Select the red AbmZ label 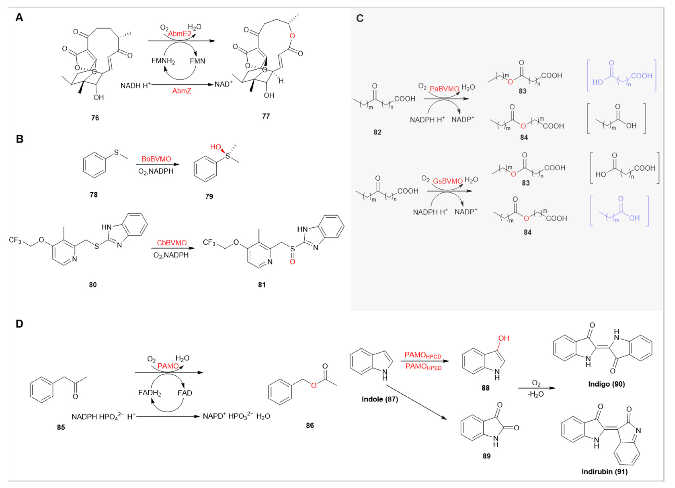[181, 91]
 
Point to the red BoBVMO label [156, 159]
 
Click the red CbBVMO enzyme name [172, 243]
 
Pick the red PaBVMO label [444, 89]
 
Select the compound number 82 [377, 132]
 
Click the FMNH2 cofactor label [163, 61]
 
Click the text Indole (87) [380, 399]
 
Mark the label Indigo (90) [606, 384]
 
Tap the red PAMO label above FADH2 [168, 366]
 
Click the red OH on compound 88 [504, 338]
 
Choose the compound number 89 [486, 456]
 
